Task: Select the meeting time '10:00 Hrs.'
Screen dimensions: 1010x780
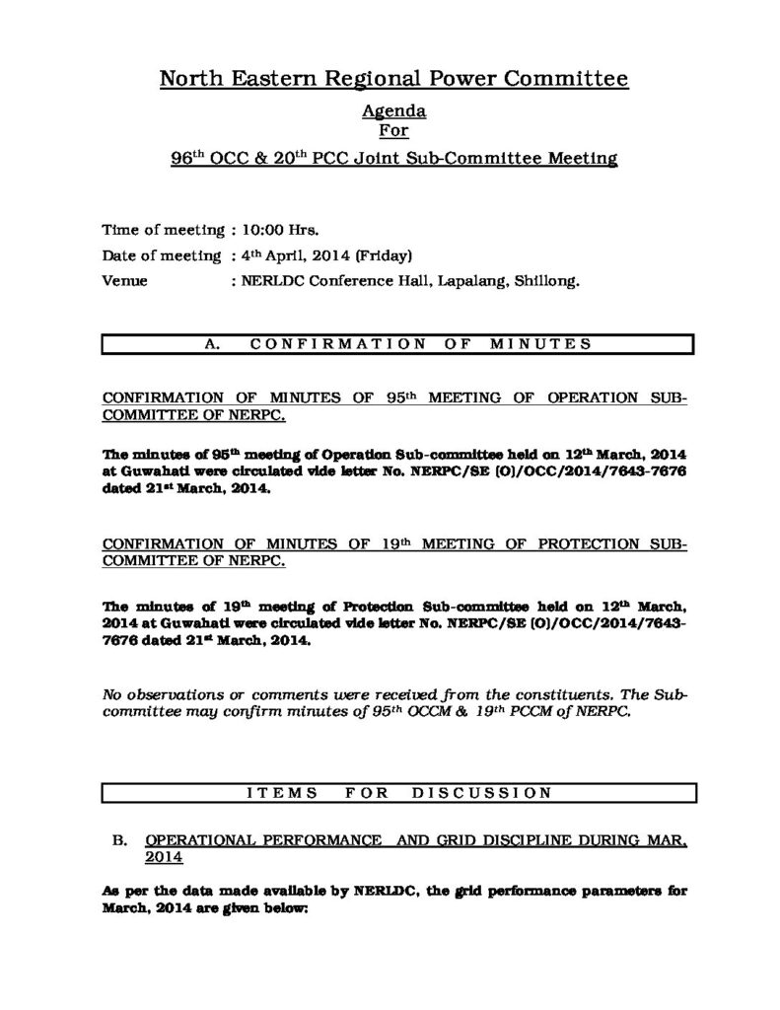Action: [277, 231]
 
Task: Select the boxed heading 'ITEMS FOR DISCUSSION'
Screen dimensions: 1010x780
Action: [399, 791]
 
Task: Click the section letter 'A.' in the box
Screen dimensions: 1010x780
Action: [209, 343]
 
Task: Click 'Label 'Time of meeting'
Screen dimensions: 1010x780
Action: [164, 231]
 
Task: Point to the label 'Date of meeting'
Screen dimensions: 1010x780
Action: [162, 255]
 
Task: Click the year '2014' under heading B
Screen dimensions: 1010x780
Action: [164, 858]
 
